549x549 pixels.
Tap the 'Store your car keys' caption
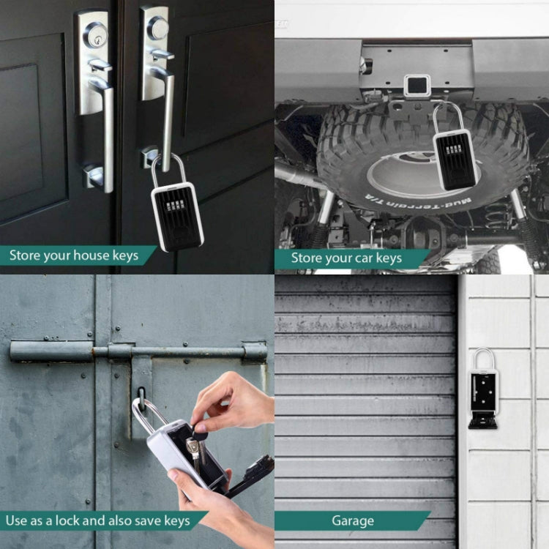point(346,258)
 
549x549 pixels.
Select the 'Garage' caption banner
point(352,521)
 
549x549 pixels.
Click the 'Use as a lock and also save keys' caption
point(97,521)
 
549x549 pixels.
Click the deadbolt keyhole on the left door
point(93,34)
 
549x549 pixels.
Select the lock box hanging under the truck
point(454,157)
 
